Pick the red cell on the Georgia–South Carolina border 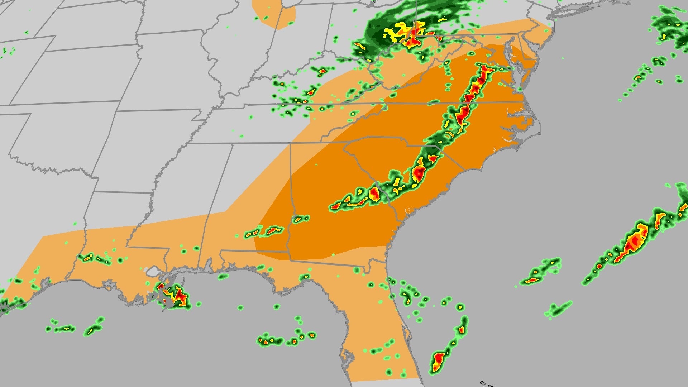coord(375,194)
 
